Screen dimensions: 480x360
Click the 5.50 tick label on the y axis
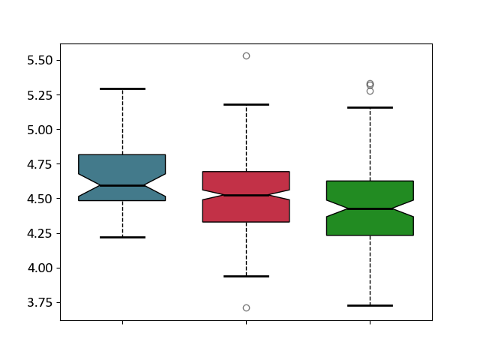click(40, 60)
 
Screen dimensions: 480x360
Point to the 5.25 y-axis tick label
click(40, 95)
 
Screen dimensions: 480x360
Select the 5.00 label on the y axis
click(40, 130)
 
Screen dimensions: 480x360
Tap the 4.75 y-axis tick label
click(40, 164)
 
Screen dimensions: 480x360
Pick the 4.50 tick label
click(40, 199)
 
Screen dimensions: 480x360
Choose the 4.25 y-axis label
click(40, 233)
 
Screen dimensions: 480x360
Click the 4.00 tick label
click(40, 268)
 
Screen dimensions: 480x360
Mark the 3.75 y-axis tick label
click(40, 303)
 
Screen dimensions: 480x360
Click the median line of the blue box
click(122, 185)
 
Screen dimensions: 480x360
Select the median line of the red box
click(247, 195)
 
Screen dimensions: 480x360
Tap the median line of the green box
click(370, 208)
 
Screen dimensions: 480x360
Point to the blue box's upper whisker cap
click(122, 88)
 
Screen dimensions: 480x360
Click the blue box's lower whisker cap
click(122, 237)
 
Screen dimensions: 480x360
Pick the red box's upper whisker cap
click(247, 105)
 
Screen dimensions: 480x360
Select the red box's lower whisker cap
click(247, 277)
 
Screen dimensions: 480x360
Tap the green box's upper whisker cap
click(370, 108)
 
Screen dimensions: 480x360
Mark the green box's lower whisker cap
click(370, 305)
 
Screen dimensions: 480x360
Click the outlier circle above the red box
click(247, 56)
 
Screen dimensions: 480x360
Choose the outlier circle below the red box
click(247, 308)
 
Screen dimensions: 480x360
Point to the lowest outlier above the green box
click(370, 91)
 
